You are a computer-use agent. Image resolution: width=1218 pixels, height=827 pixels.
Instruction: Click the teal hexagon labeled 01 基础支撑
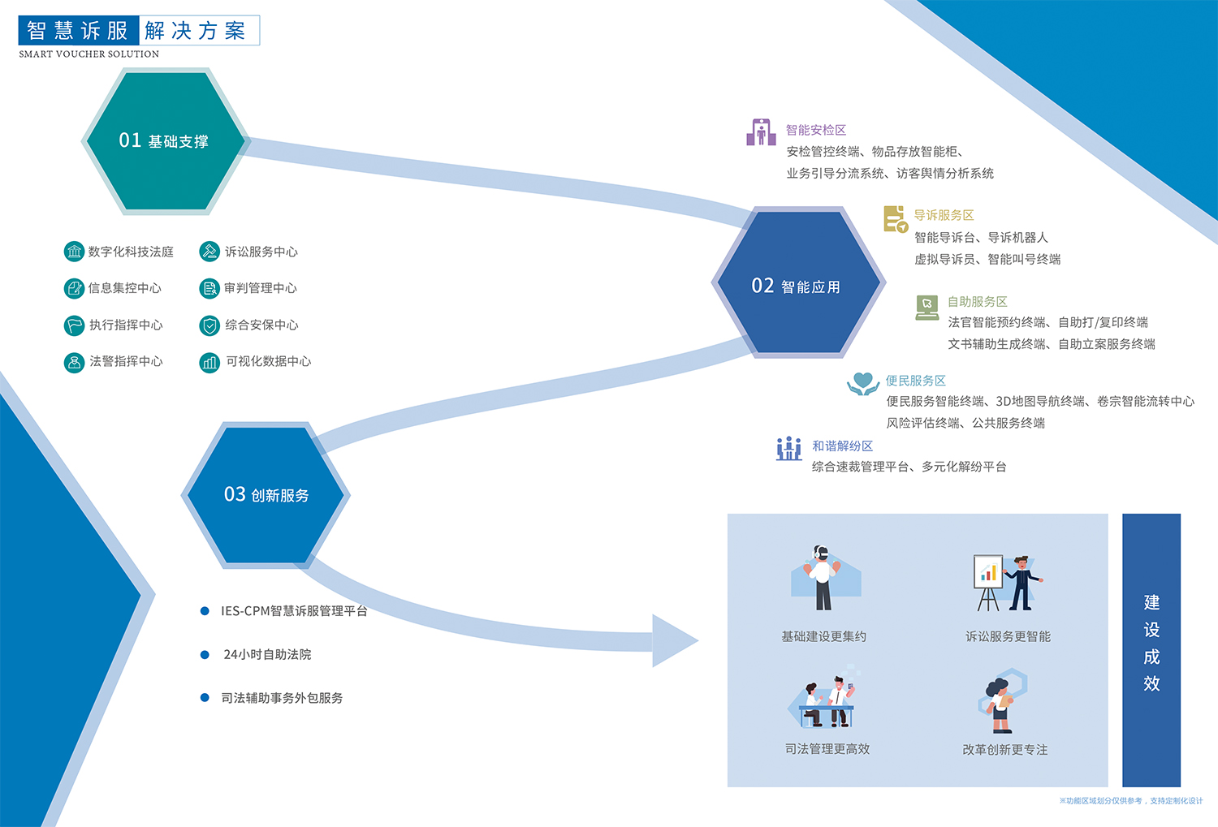[164, 141]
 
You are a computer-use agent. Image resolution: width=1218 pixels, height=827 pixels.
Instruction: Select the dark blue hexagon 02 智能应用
[797, 282]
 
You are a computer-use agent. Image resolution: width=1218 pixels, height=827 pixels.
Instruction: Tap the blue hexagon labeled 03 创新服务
[266, 494]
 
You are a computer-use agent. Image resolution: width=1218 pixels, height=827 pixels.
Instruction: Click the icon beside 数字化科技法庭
[74, 252]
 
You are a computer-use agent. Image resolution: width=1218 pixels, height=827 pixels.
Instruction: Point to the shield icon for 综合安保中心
[209, 325]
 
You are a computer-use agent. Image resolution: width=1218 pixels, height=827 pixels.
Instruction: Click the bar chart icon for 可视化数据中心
[209, 362]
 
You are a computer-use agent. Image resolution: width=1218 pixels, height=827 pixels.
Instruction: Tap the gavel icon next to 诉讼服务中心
[209, 252]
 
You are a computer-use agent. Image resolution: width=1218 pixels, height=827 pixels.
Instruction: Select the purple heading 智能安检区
[816, 130]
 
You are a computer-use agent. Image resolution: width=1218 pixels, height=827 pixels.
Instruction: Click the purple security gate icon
[761, 132]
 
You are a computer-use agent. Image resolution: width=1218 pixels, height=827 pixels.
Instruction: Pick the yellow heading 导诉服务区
[944, 215]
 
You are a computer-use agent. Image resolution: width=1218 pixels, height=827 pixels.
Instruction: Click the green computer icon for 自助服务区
[926, 307]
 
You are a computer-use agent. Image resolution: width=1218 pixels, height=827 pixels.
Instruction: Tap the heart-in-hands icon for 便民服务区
[862, 383]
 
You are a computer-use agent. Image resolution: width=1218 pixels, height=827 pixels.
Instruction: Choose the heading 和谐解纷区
[842, 446]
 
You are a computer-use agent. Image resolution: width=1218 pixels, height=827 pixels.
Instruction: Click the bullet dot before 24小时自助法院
[205, 654]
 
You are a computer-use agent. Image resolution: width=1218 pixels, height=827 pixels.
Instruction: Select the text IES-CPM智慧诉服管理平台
[294, 611]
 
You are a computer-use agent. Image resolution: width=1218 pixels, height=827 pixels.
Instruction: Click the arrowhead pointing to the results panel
[673, 640]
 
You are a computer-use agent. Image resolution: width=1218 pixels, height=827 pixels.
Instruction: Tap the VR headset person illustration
[823, 578]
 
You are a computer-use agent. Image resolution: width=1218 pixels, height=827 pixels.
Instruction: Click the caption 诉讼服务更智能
[1008, 636]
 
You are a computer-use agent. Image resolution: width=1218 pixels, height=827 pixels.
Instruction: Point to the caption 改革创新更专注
[1004, 750]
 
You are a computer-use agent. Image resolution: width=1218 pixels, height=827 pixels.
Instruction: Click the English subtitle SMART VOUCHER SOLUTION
[89, 54]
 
